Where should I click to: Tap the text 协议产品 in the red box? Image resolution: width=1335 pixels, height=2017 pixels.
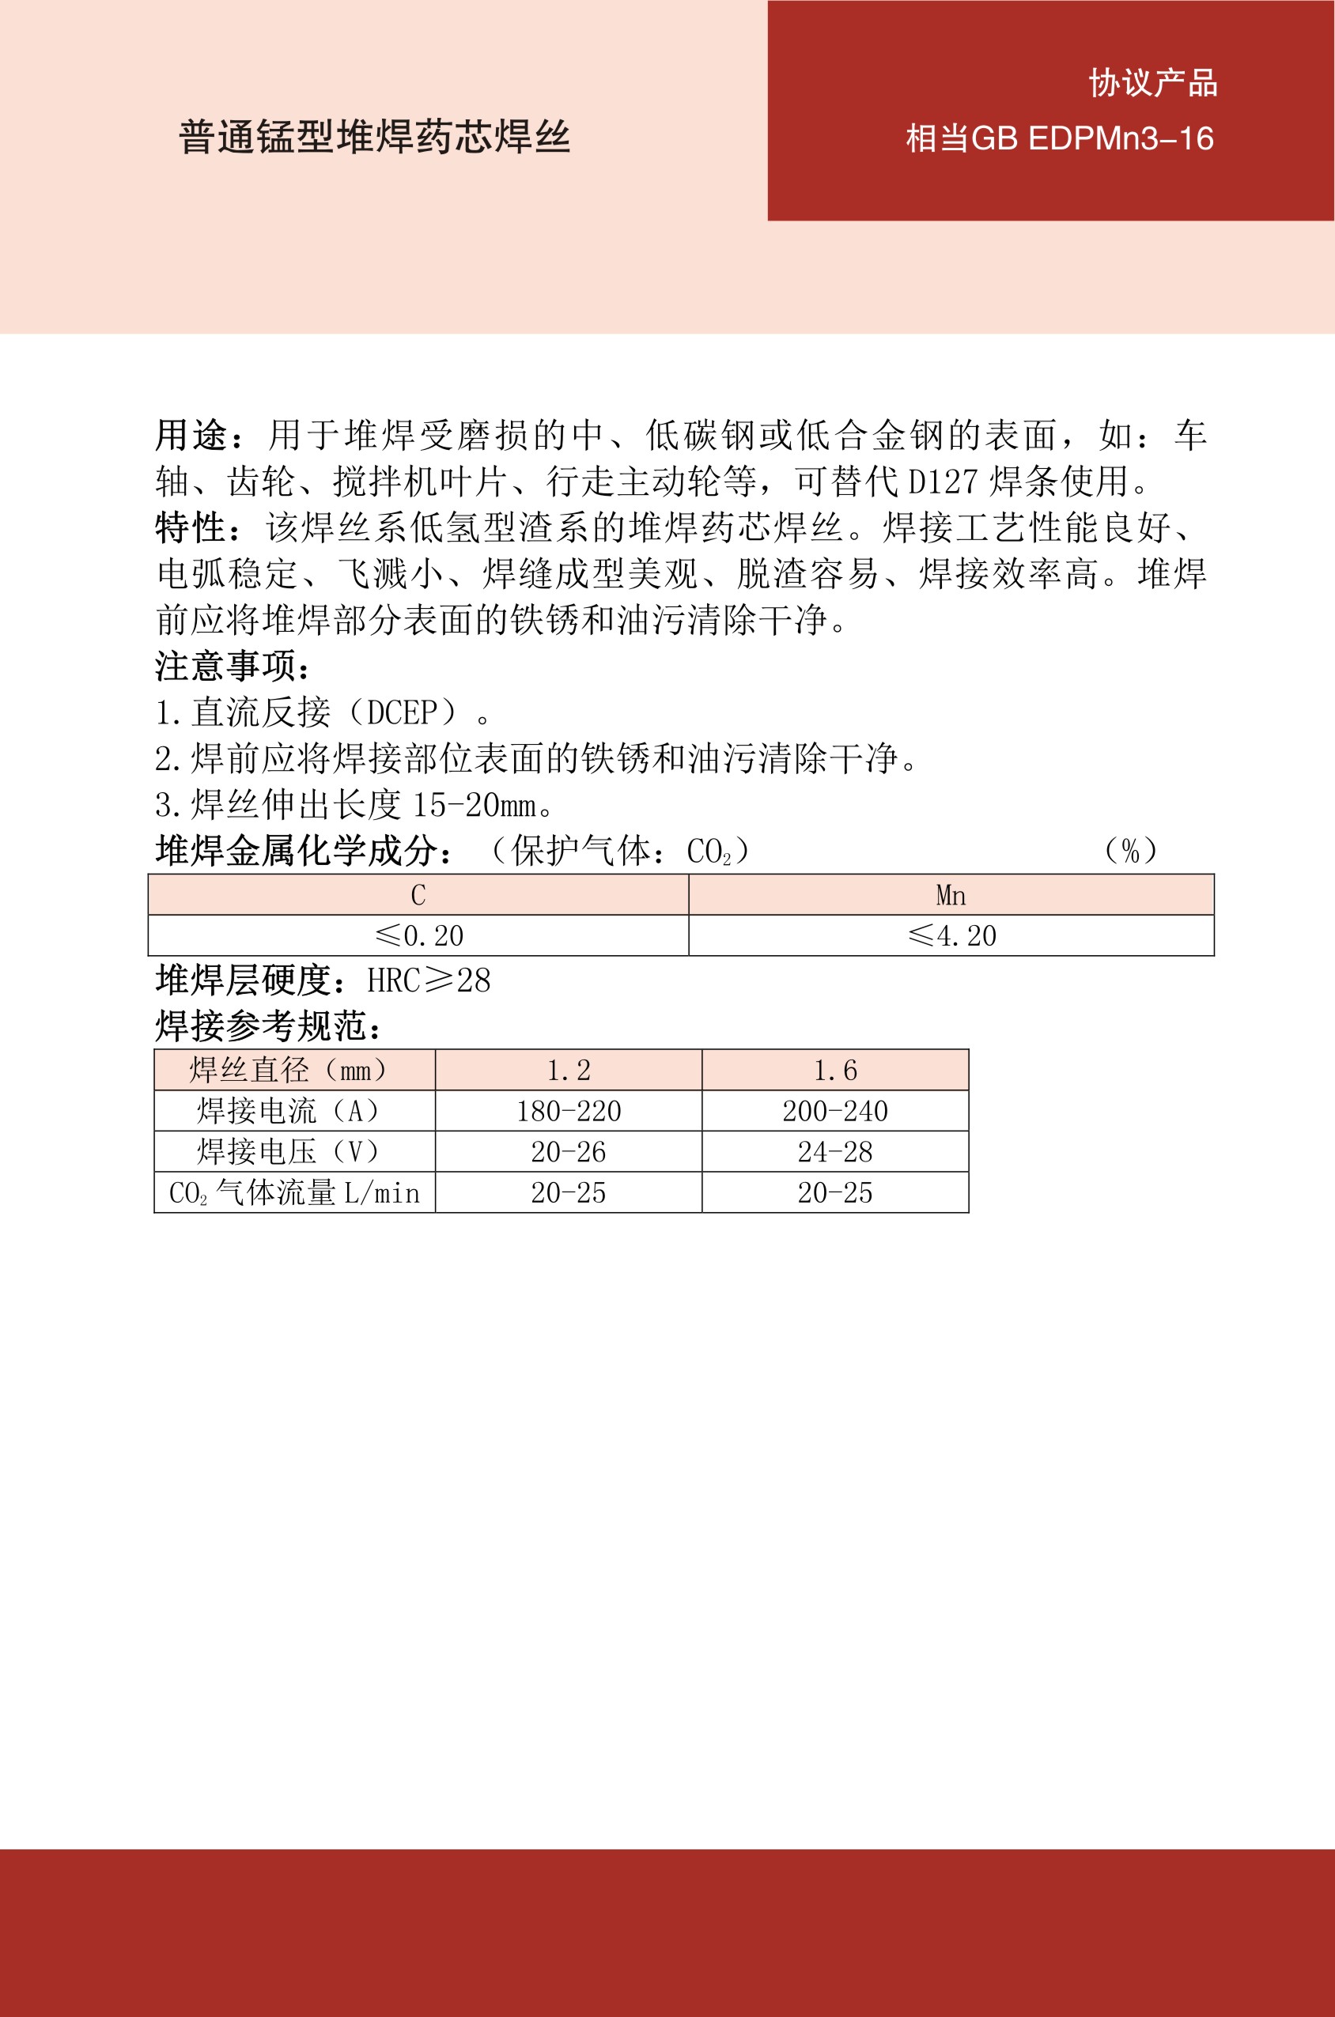click(x=1152, y=83)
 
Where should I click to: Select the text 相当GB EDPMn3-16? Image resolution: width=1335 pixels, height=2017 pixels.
click(x=1059, y=138)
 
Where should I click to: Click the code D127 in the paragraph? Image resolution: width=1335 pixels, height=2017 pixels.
click(x=943, y=482)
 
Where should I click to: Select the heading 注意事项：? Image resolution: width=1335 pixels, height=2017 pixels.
click(x=233, y=666)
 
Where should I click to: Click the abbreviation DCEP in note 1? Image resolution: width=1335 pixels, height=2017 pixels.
click(x=412, y=712)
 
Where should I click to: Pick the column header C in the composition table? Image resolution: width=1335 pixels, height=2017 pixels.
click(x=418, y=895)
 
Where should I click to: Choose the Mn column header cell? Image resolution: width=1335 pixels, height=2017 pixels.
click(x=950, y=895)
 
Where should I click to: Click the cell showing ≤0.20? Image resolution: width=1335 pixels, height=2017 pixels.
click(x=418, y=936)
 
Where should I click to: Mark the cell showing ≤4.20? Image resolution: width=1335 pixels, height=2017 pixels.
click(x=951, y=936)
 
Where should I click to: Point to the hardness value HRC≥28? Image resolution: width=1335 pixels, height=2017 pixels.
click(x=428, y=980)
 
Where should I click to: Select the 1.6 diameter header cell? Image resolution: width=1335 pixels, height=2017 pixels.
click(x=834, y=1070)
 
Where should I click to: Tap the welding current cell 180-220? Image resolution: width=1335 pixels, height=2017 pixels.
click(x=568, y=1111)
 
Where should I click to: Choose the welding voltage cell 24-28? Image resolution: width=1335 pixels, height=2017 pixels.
click(x=834, y=1151)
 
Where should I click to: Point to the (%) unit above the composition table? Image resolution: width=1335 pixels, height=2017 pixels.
click(x=1130, y=850)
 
